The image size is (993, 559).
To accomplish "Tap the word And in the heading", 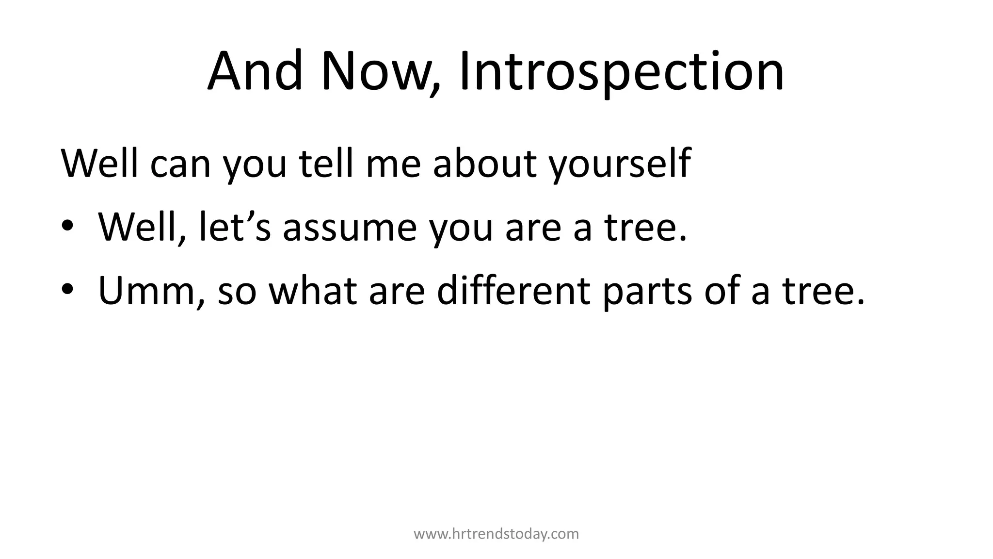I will coord(255,72).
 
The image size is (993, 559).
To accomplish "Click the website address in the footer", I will coord(496,534).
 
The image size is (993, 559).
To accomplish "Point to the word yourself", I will coord(620,164).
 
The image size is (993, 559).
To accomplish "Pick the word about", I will coord(485,164).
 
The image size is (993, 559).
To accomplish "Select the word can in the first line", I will coord(180,164).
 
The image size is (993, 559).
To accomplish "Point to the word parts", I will coord(647,291).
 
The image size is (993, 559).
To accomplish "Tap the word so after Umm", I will coord(237,291).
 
